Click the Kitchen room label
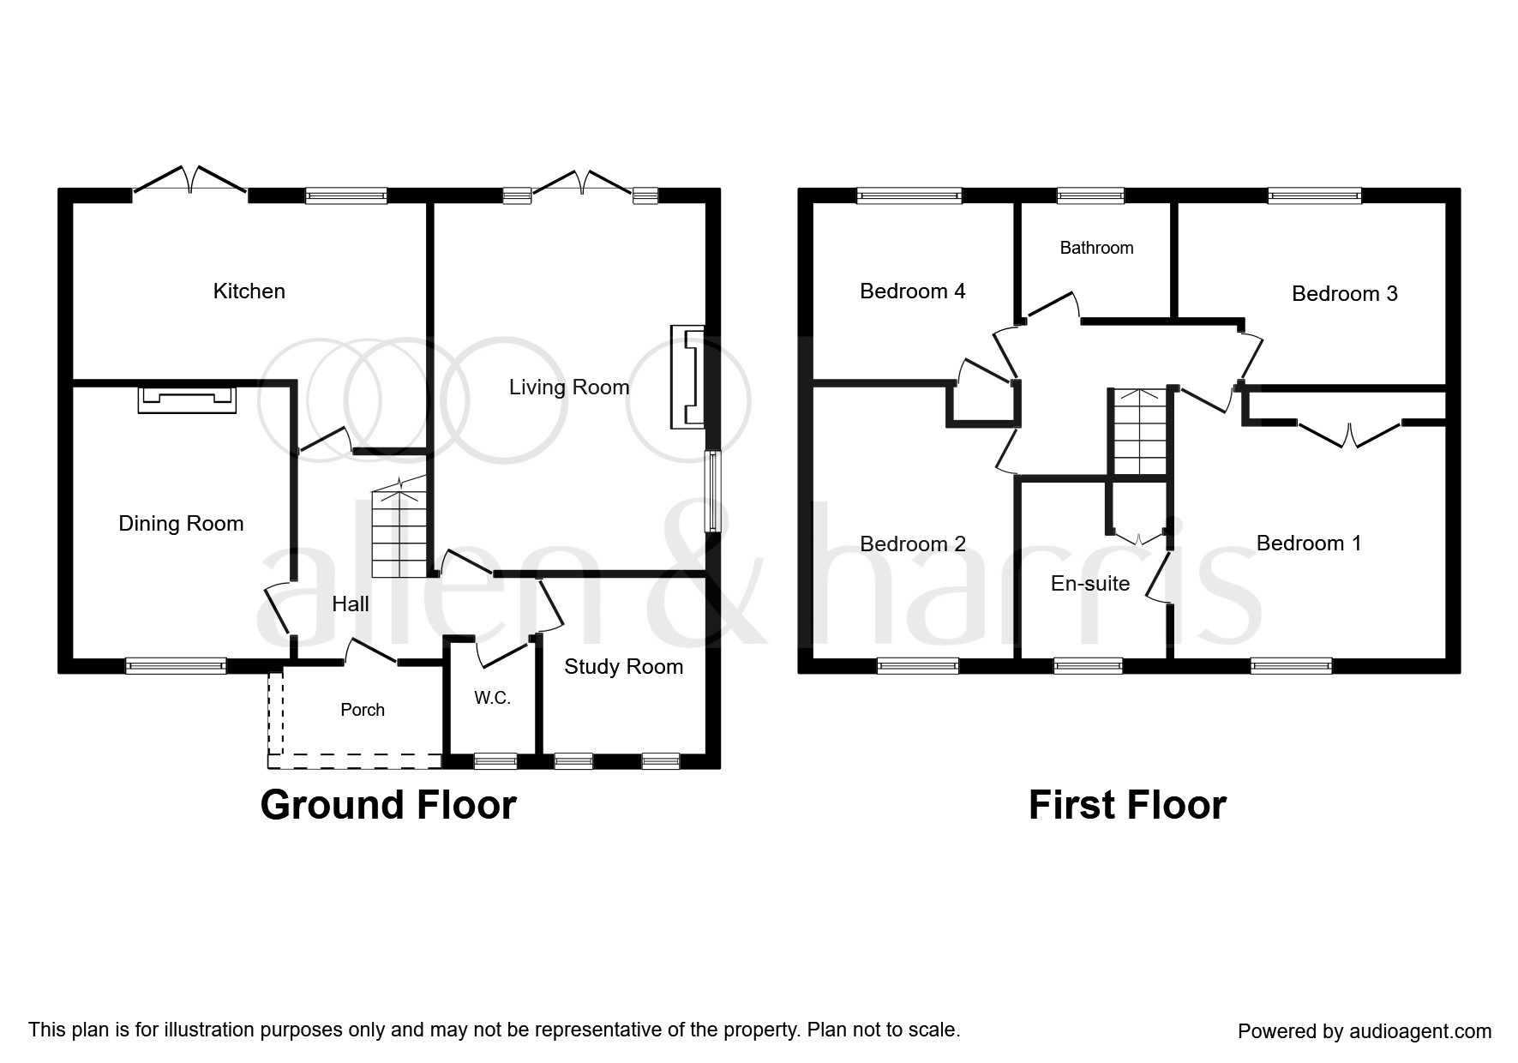click(x=249, y=291)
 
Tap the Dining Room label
click(x=181, y=524)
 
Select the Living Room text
click(x=569, y=387)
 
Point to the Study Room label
click(x=623, y=667)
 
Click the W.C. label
click(x=493, y=699)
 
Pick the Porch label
click(x=363, y=710)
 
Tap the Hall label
click(x=351, y=604)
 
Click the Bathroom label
click(x=1096, y=248)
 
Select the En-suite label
click(x=1090, y=584)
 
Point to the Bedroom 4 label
click(x=912, y=291)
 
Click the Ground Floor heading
click(x=388, y=806)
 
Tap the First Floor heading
click(x=1127, y=806)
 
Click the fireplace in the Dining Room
click(x=187, y=399)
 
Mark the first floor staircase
click(x=1139, y=431)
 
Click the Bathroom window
click(x=1090, y=195)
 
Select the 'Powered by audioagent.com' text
click(x=1365, y=1031)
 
